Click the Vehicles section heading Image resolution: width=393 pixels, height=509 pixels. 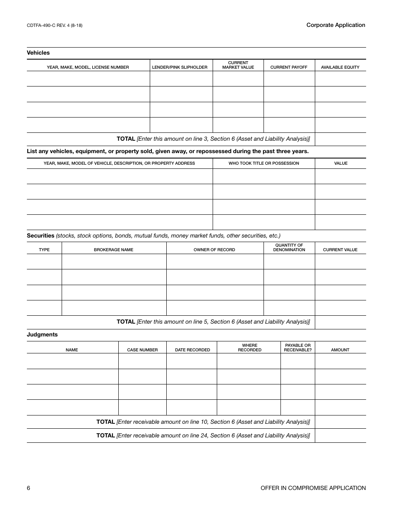click(x=38, y=53)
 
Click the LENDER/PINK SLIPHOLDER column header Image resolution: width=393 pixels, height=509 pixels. click(x=180, y=67)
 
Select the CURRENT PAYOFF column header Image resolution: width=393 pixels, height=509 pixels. click(x=289, y=67)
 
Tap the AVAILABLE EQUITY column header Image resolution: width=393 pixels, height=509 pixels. click(x=340, y=67)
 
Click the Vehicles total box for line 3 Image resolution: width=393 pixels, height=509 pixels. click(x=340, y=139)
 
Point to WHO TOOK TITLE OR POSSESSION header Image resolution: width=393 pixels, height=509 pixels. click(x=264, y=163)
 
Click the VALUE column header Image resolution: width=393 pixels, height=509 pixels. click(x=340, y=163)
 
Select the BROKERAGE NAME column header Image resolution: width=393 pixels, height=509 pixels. click(x=113, y=250)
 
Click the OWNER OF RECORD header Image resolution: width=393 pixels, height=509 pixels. click(x=214, y=250)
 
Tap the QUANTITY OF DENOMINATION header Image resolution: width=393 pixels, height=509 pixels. click(x=289, y=247)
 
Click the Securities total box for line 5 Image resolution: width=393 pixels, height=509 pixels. click(x=340, y=322)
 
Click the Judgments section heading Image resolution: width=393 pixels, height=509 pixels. click(x=42, y=335)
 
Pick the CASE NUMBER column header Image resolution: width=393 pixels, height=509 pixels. click(x=142, y=350)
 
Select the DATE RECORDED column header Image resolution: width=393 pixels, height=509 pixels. click(x=192, y=350)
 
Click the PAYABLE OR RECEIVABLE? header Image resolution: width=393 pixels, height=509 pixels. click(x=298, y=348)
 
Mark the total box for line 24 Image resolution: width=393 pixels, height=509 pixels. click(x=340, y=435)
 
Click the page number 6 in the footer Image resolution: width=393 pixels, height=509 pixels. click(x=29, y=488)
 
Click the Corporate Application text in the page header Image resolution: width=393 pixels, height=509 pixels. click(x=335, y=25)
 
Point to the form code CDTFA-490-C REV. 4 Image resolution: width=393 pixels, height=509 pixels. click(x=55, y=26)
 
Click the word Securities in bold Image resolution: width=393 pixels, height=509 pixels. click(x=41, y=236)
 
